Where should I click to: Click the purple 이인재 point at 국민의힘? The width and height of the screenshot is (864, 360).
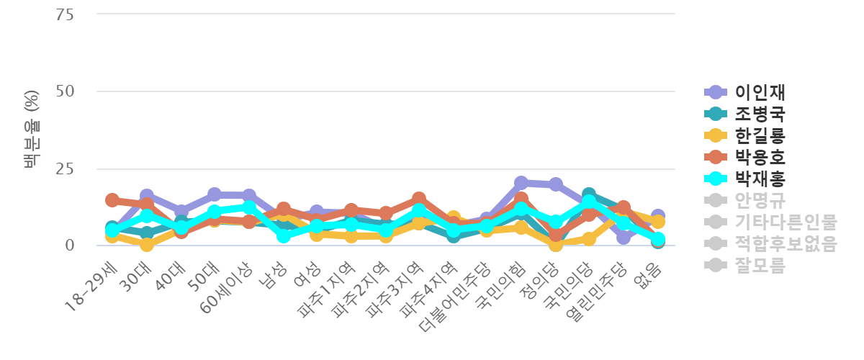pyautogui.click(x=521, y=183)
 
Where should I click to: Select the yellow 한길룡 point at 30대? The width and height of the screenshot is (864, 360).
pyautogui.click(x=146, y=245)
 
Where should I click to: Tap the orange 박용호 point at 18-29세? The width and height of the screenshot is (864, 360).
pyautogui.click(x=112, y=199)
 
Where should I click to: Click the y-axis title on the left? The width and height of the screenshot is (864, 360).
pyautogui.click(x=31, y=130)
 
